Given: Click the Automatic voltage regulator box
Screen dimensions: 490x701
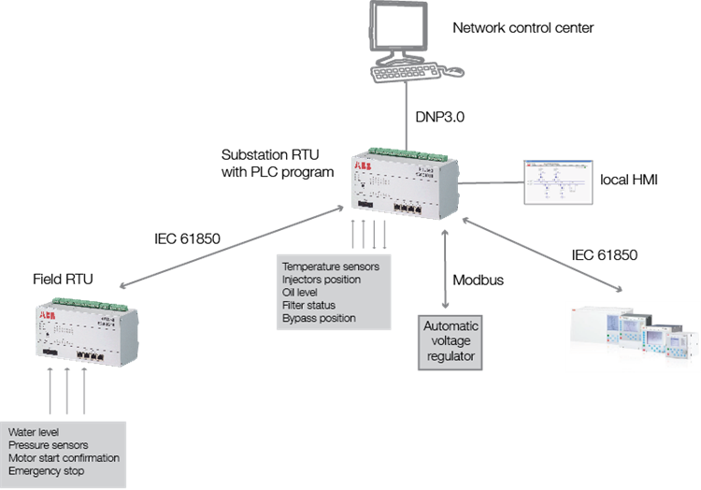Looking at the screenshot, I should tap(451, 343).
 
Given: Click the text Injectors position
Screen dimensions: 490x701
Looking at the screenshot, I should tap(320, 280).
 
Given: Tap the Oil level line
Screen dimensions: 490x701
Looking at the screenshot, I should tap(301, 293).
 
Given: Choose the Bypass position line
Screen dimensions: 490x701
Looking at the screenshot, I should tap(319, 319).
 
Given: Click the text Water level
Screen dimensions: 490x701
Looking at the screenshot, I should tap(34, 432).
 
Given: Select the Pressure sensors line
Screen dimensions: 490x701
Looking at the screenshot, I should tap(47, 445).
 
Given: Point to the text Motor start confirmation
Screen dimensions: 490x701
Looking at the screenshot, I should tap(64, 458).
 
